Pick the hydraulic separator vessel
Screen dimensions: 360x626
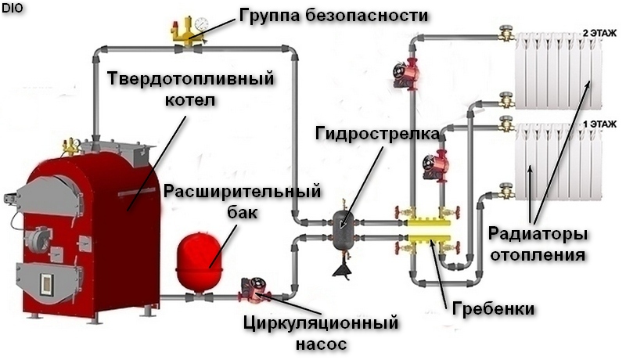pyautogui.click(x=341, y=229)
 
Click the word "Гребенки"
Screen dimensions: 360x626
pyautogui.click(x=494, y=309)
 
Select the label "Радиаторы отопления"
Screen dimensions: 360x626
pyautogui.click(x=537, y=243)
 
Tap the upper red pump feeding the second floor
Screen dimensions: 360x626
pyautogui.click(x=408, y=75)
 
